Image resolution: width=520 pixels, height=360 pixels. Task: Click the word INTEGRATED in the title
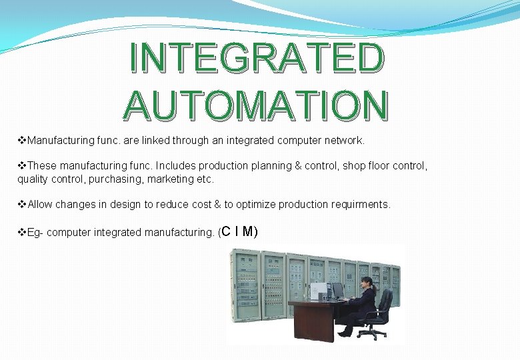click(x=257, y=57)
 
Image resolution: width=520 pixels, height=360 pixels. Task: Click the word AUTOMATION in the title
click(x=255, y=105)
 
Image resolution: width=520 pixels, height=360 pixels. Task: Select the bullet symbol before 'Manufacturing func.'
click(x=21, y=141)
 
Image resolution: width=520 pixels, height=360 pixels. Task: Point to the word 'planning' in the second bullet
click(x=270, y=165)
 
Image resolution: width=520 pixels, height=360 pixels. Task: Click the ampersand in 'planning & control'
click(x=297, y=165)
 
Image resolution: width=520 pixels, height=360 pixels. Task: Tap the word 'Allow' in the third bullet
click(x=41, y=204)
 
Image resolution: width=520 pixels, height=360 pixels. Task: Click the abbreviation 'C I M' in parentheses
click(x=239, y=231)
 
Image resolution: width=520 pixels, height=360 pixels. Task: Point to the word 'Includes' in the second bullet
click(x=174, y=165)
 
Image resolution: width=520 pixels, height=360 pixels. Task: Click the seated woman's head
click(x=367, y=283)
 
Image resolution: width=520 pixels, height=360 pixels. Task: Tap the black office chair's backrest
click(x=384, y=303)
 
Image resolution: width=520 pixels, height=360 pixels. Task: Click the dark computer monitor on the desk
click(x=337, y=290)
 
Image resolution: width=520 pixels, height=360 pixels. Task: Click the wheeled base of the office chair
click(x=374, y=333)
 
